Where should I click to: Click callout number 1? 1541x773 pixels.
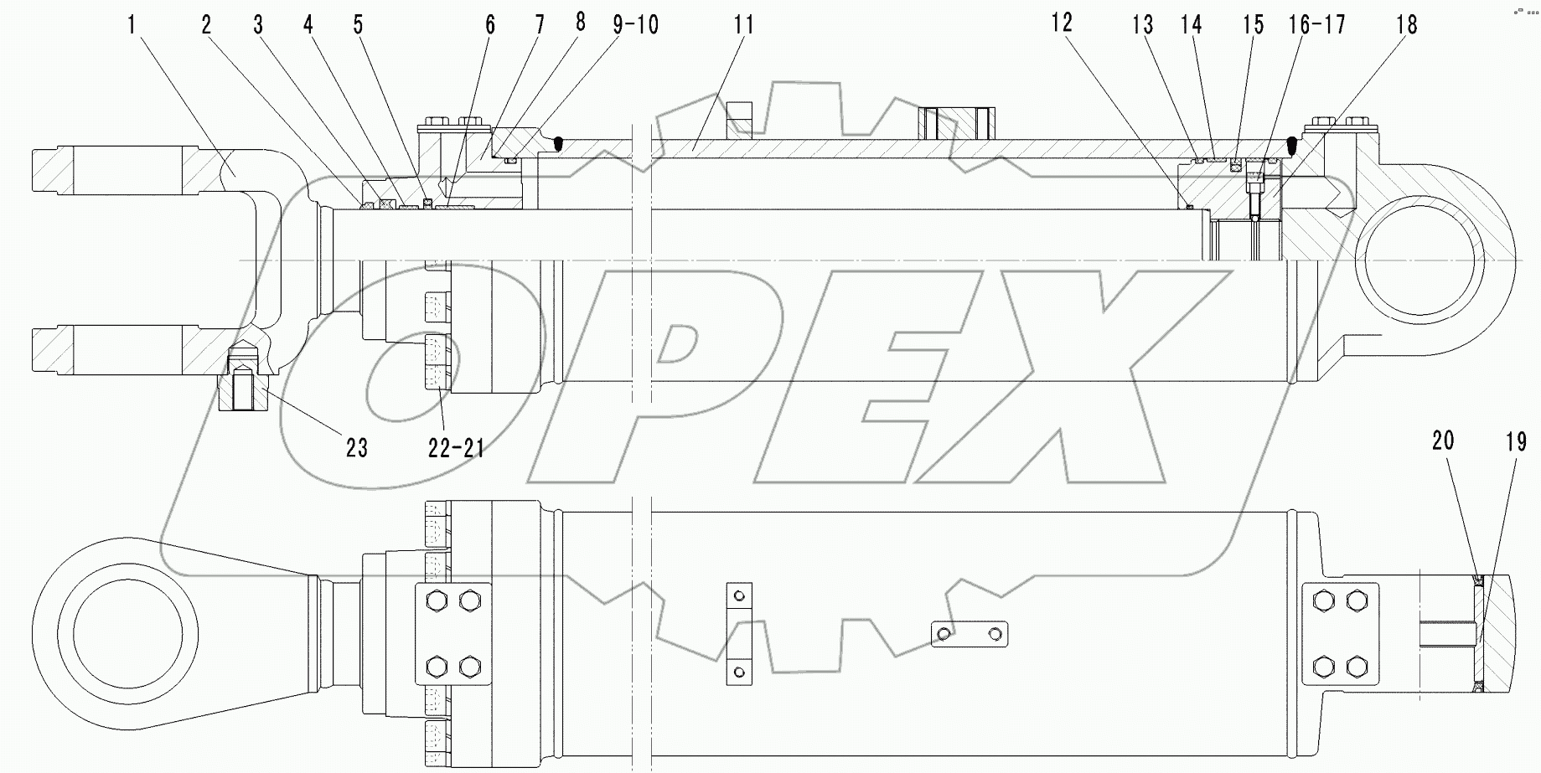(x=131, y=24)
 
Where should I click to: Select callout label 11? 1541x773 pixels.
(x=744, y=25)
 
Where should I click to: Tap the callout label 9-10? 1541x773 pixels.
(x=635, y=25)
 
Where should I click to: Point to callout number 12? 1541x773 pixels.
(x=1062, y=23)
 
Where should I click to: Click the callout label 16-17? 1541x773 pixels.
(x=1316, y=25)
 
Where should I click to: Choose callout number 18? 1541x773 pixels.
(x=1407, y=25)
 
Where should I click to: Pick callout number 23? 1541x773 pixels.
(x=357, y=448)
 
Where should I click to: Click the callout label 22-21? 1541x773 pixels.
(x=457, y=448)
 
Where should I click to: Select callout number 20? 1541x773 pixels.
(x=1443, y=441)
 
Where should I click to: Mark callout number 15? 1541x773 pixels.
(x=1253, y=25)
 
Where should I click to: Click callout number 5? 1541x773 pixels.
(x=359, y=25)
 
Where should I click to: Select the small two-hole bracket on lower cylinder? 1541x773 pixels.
(x=970, y=634)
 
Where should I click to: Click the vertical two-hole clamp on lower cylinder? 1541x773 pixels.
(x=737, y=633)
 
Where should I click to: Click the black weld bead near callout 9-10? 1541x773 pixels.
(x=559, y=145)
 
